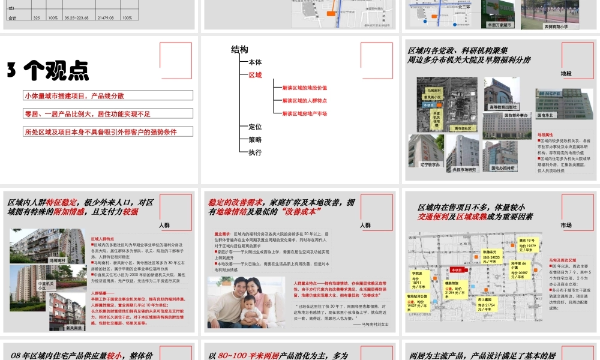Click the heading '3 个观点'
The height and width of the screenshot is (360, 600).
(x=48, y=71)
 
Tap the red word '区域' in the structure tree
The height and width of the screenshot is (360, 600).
(x=255, y=75)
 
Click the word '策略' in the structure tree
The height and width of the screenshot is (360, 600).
(x=255, y=139)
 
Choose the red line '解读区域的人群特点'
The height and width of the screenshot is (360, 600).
(x=305, y=101)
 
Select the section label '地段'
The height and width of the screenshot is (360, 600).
(x=566, y=73)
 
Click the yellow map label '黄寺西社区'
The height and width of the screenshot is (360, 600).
(x=463, y=128)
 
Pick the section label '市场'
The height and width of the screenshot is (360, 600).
(x=566, y=225)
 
